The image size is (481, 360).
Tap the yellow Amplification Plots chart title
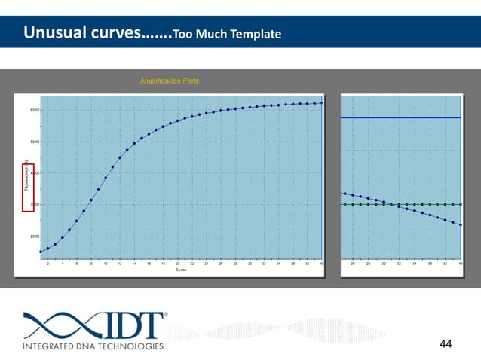click(x=170, y=81)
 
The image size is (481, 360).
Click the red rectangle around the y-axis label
click(x=28, y=188)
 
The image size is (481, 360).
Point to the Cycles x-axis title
click(x=181, y=270)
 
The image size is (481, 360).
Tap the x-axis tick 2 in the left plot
click(x=48, y=264)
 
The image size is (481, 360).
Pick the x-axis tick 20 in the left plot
click(x=177, y=264)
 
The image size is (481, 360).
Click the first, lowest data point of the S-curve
click(x=41, y=252)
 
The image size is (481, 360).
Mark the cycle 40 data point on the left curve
click(x=322, y=103)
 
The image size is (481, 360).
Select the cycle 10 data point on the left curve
click(x=106, y=178)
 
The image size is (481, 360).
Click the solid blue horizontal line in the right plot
click(x=400, y=118)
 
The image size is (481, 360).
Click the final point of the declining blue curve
click(x=460, y=225)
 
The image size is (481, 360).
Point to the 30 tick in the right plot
click(x=384, y=264)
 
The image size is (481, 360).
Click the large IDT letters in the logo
click(x=132, y=325)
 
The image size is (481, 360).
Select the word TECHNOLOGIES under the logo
click(x=127, y=346)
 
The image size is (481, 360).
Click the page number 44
click(x=446, y=343)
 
